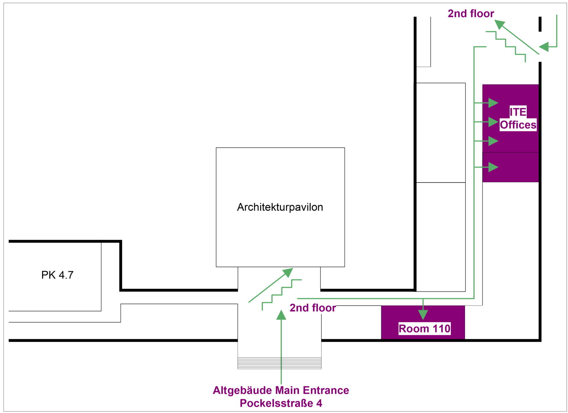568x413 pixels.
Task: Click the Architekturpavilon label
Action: click(x=280, y=207)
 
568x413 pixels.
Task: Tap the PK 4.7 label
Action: click(x=57, y=275)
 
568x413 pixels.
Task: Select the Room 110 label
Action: click(x=424, y=329)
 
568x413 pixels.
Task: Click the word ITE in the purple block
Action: click(x=518, y=112)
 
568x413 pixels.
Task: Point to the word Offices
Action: click(x=518, y=125)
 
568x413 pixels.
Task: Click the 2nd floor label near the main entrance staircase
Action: click(x=312, y=308)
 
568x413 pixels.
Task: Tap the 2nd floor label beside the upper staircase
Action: click(x=471, y=14)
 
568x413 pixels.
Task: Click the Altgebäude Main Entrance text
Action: click(x=281, y=390)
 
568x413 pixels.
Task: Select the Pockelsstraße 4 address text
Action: click(x=281, y=403)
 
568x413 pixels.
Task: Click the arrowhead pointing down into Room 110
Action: click(x=423, y=315)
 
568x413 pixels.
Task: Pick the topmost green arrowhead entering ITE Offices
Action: click(x=493, y=103)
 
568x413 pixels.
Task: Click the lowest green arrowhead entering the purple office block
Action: click(x=493, y=167)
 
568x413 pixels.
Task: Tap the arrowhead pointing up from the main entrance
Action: click(x=281, y=315)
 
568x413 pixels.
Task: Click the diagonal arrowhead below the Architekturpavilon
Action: click(x=288, y=272)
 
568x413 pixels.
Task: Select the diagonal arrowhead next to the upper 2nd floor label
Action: click(x=499, y=24)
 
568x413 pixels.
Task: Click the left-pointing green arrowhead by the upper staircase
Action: click(x=544, y=47)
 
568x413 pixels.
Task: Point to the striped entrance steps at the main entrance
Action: click(x=279, y=363)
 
